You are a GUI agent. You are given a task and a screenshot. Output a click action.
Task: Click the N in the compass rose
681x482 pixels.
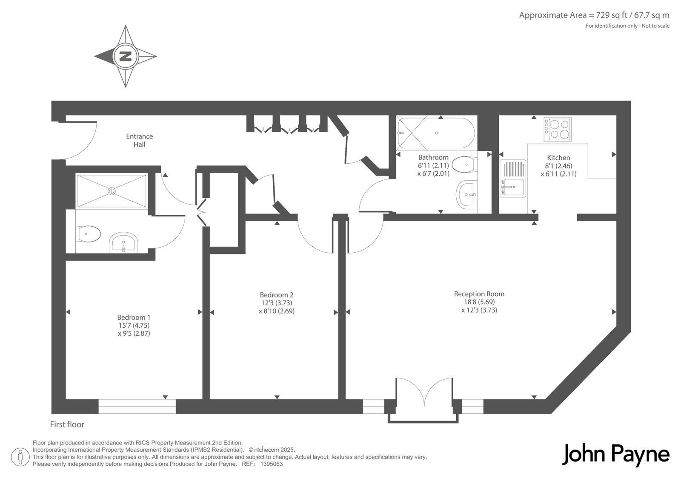tap(126, 56)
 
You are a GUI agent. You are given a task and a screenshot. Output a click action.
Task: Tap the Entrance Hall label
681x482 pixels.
tap(140, 140)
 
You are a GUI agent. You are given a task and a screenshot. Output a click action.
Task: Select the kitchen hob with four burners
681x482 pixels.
tap(558, 130)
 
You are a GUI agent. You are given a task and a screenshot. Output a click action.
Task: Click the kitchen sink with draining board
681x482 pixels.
tap(513, 179)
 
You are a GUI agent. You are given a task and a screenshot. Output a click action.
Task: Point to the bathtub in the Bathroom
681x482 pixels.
tap(435, 133)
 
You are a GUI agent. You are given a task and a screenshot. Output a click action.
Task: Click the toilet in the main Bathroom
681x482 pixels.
tap(465, 165)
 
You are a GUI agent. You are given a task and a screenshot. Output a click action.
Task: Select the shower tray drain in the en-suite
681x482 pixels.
tap(112, 191)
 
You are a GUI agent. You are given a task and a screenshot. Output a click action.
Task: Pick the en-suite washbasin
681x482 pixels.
tap(123, 242)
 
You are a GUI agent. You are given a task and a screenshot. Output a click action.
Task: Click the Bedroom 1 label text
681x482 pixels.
tap(134, 317)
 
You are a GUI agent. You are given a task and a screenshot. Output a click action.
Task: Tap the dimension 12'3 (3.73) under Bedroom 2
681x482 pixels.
tap(277, 303)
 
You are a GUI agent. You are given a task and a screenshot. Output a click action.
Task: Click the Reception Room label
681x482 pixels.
tap(479, 294)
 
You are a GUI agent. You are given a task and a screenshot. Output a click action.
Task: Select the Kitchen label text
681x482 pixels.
tap(558, 158)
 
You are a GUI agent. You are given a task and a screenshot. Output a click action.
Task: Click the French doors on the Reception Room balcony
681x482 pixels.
tap(424, 393)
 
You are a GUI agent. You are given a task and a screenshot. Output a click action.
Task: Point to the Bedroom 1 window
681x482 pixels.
tap(137, 406)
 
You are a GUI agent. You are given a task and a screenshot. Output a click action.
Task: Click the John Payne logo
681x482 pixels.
tap(615, 455)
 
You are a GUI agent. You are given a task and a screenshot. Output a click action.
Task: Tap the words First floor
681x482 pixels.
tap(67, 424)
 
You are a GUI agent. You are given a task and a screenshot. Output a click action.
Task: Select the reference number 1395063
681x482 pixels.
tap(271, 464)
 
